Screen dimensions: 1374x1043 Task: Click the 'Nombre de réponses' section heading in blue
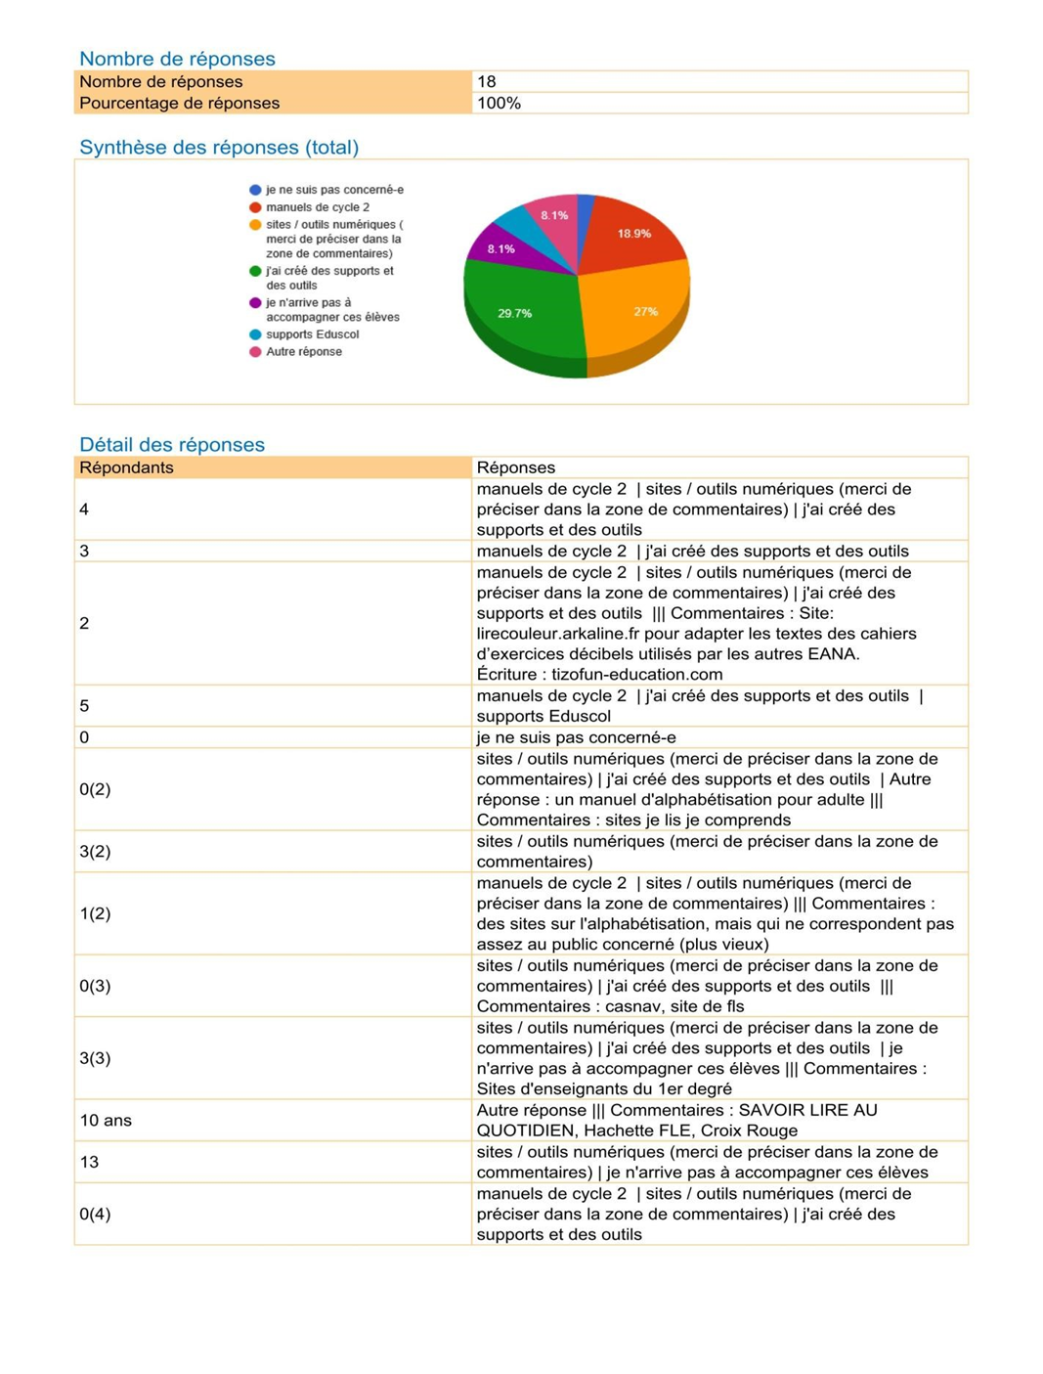click(177, 59)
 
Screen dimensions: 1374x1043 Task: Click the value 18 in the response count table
click(487, 82)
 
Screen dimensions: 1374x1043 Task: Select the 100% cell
click(499, 104)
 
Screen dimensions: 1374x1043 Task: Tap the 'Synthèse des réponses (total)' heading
click(219, 148)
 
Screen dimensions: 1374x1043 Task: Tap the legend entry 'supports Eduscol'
click(312, 334)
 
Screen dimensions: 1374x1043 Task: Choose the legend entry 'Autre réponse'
click(304, 352)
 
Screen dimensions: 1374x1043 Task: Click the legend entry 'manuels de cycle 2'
click(318, 207)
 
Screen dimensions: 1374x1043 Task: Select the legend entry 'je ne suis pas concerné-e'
click(334, 190)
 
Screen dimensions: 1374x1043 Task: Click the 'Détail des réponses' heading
click(172, 445)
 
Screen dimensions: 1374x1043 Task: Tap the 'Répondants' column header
click(126, 467)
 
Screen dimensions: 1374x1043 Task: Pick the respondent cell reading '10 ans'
click(106, 1121)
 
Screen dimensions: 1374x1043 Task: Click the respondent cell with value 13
click(89, 1162)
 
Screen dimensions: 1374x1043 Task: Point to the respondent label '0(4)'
click(95, 1214)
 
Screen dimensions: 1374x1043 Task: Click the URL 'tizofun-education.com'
click(637, 675)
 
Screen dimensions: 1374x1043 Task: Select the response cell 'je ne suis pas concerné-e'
click(576, 737)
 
